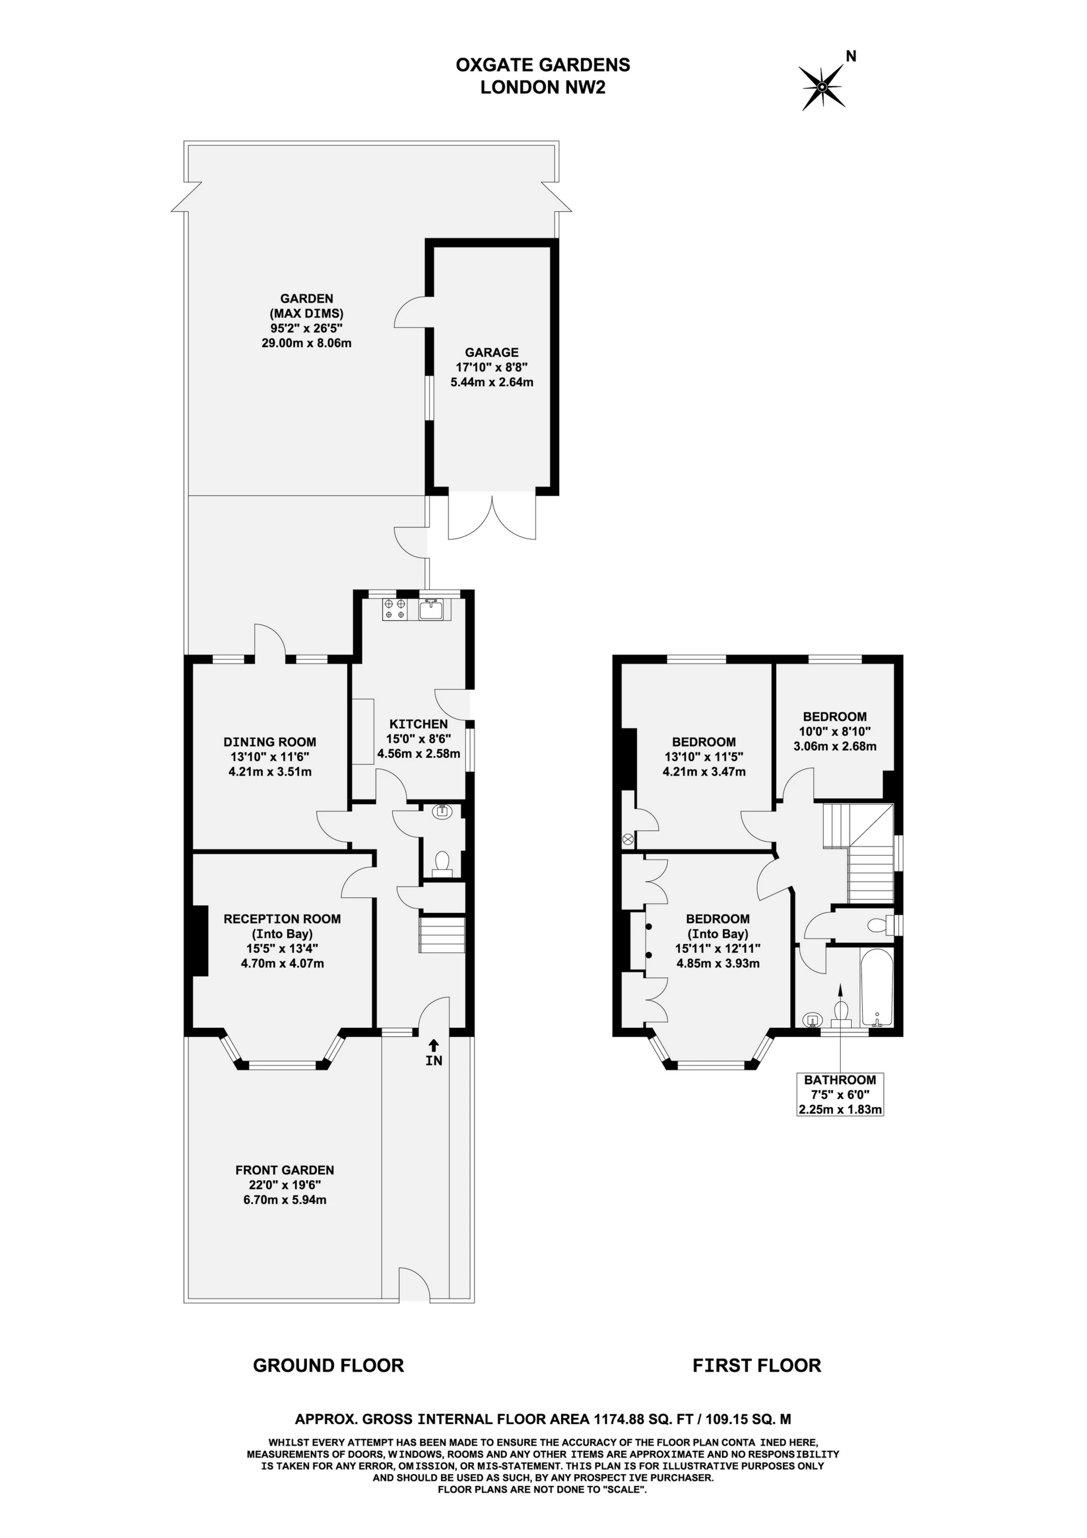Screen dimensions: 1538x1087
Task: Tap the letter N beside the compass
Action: (x=851, y=56)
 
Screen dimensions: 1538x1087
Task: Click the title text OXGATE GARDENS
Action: (x=542, y=65)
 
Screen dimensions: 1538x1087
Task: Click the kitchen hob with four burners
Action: (x=395, y=609)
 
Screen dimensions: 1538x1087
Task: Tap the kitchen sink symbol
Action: (x=429, y=609)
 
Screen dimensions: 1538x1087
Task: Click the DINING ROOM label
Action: (x=269, y=742)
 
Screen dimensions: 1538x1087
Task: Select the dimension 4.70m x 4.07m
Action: (x=282, y=963)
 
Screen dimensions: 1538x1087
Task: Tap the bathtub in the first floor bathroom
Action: (x=878, y=989)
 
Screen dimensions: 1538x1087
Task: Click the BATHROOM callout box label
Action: (x=840, y=1080)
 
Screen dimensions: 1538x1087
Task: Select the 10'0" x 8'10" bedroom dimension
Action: (x=834, y=732)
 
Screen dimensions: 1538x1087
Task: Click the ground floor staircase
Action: (x=442, y=934)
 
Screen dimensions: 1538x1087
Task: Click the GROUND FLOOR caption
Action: (x=328, y=1365)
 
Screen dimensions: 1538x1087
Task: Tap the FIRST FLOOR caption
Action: (x=756, y=1365)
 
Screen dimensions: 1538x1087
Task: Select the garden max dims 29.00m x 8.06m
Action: (x=306, y=343)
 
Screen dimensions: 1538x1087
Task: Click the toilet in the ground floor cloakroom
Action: (x=442, y=862)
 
